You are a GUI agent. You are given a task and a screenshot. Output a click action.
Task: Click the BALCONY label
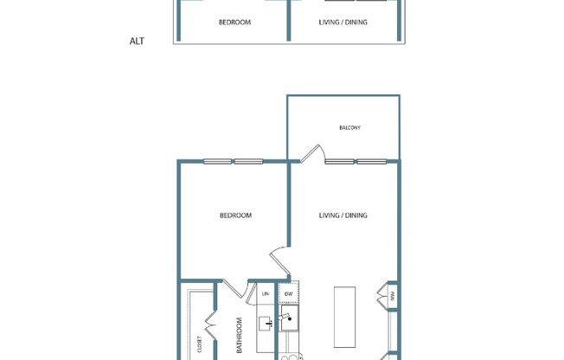pos(349,128)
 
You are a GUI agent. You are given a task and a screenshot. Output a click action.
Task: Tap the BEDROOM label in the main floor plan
pos(234,215)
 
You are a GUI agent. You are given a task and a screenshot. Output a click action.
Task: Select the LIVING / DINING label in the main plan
pos(343,215)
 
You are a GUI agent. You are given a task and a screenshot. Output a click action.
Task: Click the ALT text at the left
pos(136,41)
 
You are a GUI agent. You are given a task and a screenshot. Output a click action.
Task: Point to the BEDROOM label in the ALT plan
pos(234,22)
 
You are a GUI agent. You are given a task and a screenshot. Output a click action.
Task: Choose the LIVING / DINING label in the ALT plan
pos(343,22)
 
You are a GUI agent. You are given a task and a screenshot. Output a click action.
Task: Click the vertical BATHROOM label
pos(240,336)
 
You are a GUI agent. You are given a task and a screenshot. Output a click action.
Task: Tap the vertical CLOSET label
pos(200,344)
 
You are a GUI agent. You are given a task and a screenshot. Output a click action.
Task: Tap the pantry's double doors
pos(382,299)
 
